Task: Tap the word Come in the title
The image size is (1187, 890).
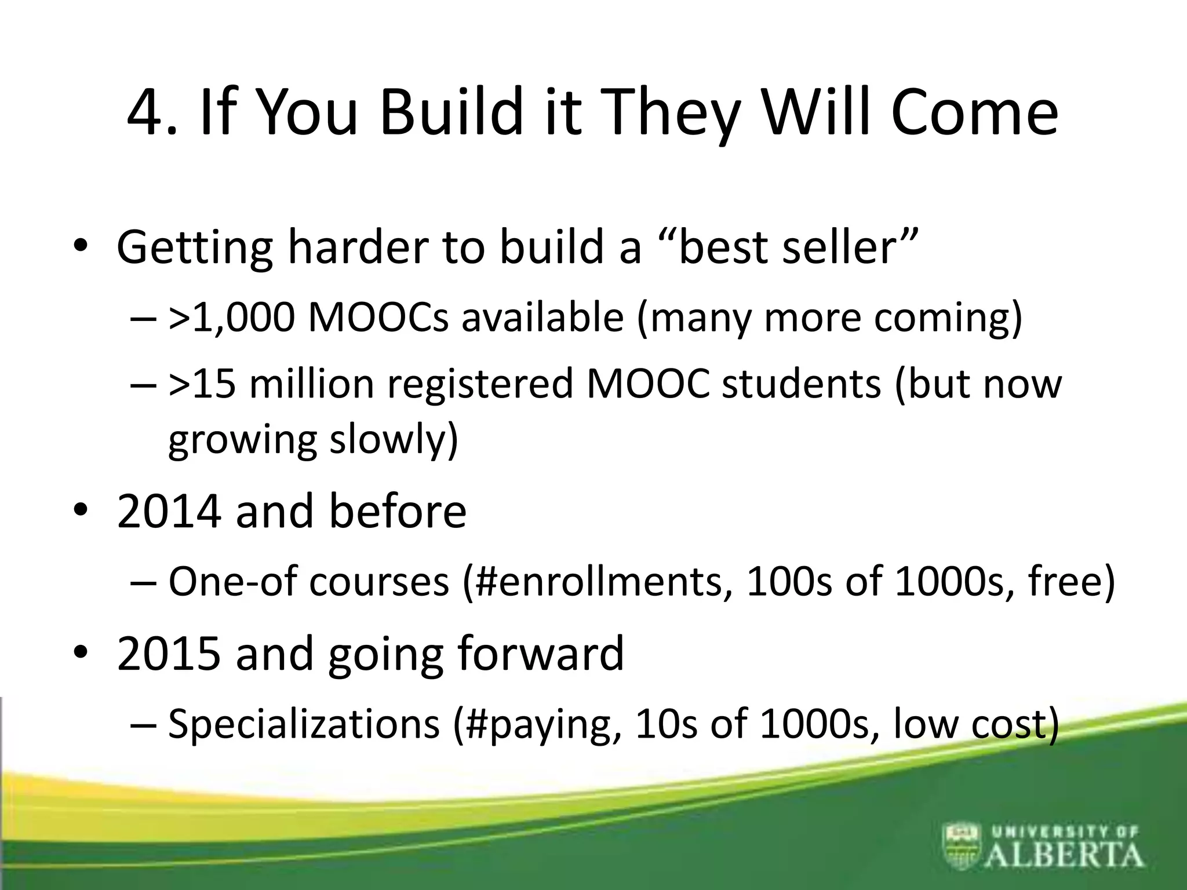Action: click(974, 113)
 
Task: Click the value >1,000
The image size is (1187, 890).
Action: click(231, 318)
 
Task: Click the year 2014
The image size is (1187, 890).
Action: click(169, 511)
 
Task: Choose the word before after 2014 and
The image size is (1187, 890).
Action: click(398, 511)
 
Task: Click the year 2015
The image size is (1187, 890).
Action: click(169, 653)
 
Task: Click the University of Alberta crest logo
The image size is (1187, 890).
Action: click(963, 845)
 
